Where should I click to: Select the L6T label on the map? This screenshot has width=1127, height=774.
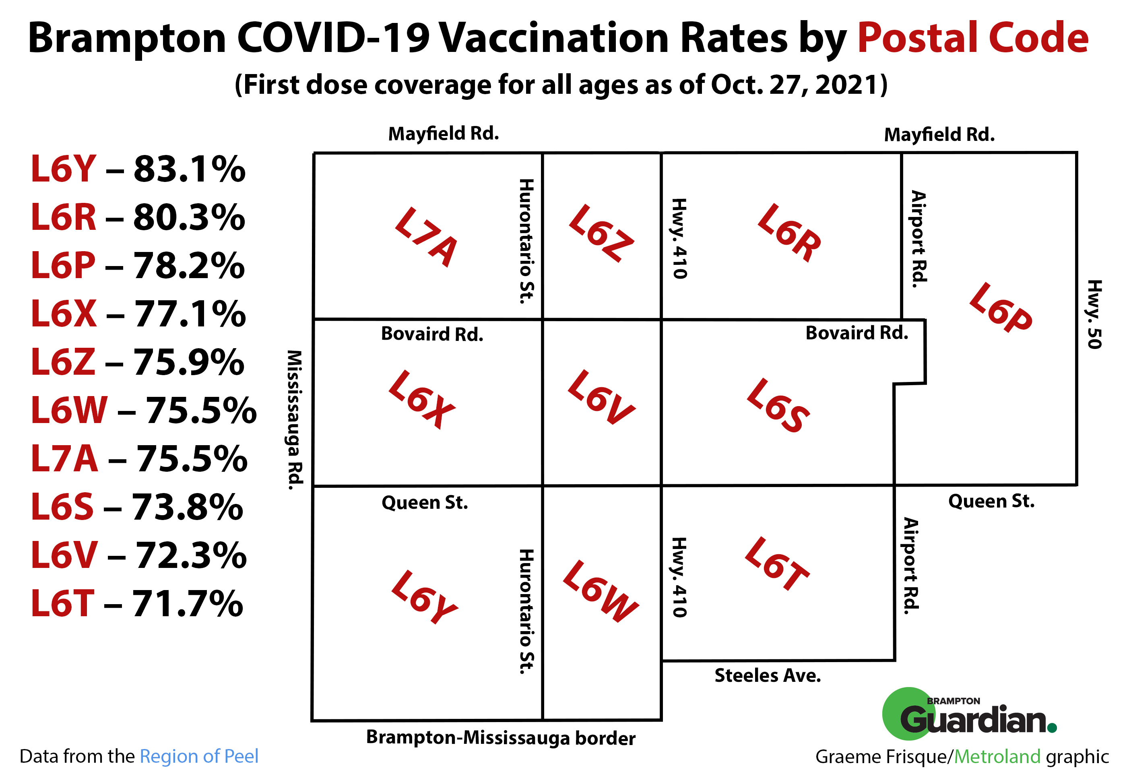[777, 563]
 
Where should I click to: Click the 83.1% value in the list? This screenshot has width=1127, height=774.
[190, 169]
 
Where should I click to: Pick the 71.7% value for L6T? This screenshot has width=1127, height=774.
[188, 604]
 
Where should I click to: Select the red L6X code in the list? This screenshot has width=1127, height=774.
[64, 314]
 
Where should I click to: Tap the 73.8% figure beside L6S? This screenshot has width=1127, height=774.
[188, 507]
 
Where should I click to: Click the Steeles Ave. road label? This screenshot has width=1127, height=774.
[768, 675]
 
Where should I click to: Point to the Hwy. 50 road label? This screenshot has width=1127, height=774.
[1094, 314]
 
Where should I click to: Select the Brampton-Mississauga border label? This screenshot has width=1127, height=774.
[500, 738]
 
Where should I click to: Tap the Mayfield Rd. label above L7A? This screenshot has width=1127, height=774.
[443, 133]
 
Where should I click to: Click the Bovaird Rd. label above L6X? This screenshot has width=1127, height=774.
[432, 334]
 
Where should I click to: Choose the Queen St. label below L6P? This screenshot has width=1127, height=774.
[991, 501]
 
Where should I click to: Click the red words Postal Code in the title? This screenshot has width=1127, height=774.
[973, 38]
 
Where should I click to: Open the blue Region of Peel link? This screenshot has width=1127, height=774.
[199, 756]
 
